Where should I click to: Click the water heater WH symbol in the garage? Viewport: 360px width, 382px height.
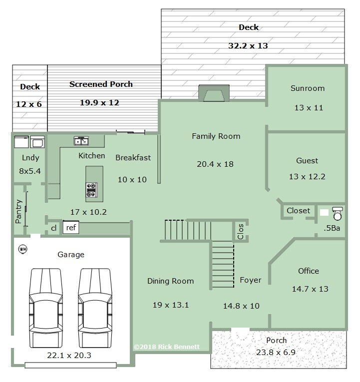coord(23,249)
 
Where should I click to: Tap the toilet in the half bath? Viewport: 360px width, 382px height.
coord(338,214)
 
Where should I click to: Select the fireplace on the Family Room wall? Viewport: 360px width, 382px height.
coord(214,93)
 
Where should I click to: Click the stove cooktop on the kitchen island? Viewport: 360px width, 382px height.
coord(91,190)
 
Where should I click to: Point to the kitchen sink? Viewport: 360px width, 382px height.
coord(81,141)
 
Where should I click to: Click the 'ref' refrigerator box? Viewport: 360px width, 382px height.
coord(71,228)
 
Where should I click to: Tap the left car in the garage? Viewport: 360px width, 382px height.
coord(45,308)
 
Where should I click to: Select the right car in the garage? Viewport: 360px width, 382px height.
coord(95,308)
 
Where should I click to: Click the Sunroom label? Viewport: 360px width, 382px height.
coord(308,88)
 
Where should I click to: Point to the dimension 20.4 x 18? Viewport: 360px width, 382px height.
coord(215,164)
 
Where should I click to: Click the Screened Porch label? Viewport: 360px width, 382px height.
coord(101,84)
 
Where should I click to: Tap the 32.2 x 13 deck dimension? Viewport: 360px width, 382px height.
coord(248,46)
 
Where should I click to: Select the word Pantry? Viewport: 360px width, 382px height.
coord(19,211)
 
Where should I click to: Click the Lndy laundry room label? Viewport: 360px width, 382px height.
coord(30,158)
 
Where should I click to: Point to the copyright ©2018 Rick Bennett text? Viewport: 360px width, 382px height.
coord(167,347)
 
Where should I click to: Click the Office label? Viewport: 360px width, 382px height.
coord(309,271)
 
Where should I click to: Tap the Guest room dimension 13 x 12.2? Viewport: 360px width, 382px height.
coord(307,177)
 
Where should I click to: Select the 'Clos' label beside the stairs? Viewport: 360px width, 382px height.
coord(241,232)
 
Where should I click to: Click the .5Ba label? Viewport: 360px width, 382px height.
coord(332,228)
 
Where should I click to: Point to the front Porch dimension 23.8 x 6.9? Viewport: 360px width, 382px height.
coord(276,352)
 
